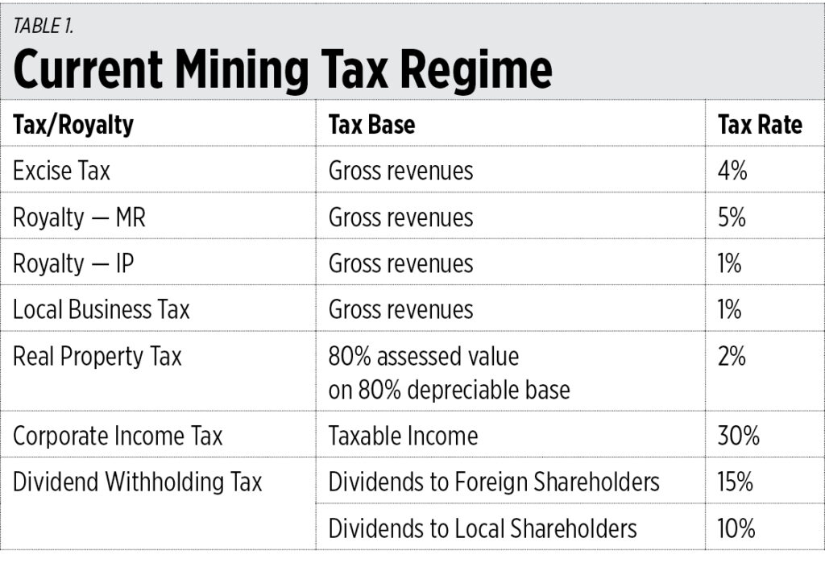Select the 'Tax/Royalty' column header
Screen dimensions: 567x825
[x=73, y=125]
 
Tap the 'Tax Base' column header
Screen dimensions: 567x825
[x=371, y=125]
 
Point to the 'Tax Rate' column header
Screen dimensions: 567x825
[x=760, y=125]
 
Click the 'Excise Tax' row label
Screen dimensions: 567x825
[x=61, y=171]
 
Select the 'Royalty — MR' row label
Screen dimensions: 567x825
[x=79, y=217]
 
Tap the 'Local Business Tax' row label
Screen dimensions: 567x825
[x=101, y=310]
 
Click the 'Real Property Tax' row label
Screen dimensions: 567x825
[x=97, y=356]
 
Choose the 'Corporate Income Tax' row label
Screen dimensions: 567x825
[x=118, y=436]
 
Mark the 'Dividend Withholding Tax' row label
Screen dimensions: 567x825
[x=137, y=482]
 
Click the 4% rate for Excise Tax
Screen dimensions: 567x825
[x=732, y=171]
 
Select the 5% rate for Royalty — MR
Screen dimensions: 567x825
[x=732, y=217]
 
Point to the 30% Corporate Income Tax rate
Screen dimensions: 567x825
[x=738, y=436]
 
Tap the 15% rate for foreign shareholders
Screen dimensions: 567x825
[x=736, y=482]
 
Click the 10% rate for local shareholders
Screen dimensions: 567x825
[x=736, y=528]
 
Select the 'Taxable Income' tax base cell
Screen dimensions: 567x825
[x=403, y=436]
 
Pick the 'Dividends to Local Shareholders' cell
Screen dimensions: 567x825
[x=482, y=528]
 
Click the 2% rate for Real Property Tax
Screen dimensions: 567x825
[x=732, y=356]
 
